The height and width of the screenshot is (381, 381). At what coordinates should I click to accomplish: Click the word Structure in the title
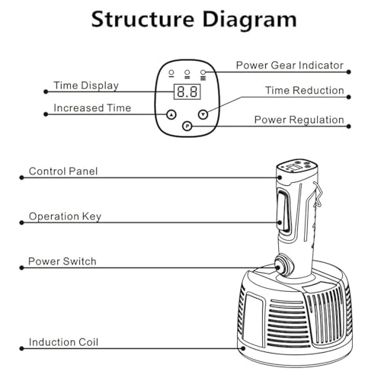tap(142, 19)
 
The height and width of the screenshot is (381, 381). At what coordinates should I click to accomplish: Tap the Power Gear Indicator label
tap(290, 66)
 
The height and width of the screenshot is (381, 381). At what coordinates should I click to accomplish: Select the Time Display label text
tap(86, 85)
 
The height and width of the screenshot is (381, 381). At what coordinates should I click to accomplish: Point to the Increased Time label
tap(92, 108)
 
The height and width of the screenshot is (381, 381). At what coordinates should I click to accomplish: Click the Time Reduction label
tap(305, 91)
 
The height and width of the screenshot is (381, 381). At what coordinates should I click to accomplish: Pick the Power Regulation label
tap(299, 120)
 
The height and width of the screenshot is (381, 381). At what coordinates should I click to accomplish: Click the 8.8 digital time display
tap(187, 91)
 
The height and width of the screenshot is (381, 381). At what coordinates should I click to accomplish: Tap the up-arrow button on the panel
tap(171, 114)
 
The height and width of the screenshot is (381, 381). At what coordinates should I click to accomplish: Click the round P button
tap(187, 126)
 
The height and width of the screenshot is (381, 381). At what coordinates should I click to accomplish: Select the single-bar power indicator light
tap(171, 73)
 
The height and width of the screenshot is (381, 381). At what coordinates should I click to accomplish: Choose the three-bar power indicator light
tap(203, 75)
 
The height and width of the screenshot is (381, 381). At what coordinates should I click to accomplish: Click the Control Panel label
tap(63, 171)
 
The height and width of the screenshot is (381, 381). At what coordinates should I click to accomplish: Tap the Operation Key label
tap(65, 216)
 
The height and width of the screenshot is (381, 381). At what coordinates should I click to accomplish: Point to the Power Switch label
tap(62, 261)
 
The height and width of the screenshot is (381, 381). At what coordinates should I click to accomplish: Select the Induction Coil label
tap(63, 342)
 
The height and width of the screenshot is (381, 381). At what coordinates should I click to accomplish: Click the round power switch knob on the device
tap(283, 266)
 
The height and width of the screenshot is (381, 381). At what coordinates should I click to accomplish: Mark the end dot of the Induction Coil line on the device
tap(243, 348)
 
